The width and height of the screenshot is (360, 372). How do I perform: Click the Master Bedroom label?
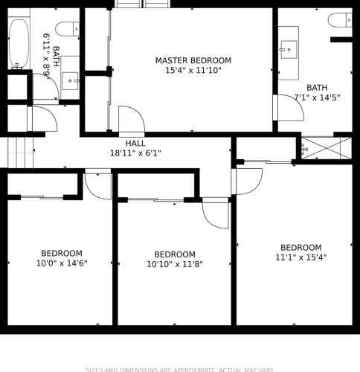click(193, 60)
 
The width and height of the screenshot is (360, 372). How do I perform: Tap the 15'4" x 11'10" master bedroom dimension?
click(193, 71)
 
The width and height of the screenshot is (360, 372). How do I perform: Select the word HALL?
click(135, 144)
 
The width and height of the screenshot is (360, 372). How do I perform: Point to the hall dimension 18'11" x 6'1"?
click(135, 153)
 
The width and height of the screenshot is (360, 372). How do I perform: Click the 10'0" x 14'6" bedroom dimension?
click(62, 263)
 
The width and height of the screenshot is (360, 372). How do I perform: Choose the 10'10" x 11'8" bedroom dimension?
click(175, 264)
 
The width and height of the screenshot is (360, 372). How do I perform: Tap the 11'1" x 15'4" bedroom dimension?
click(300, 258)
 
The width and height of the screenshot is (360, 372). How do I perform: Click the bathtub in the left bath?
click(19, 44)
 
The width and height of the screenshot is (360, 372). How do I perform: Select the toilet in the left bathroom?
click(66, 29)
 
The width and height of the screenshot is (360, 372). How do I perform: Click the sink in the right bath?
click(289, 49)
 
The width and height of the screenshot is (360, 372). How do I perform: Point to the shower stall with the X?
click(325, 147)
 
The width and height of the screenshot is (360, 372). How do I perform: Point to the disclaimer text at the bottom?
click(179, 369)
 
